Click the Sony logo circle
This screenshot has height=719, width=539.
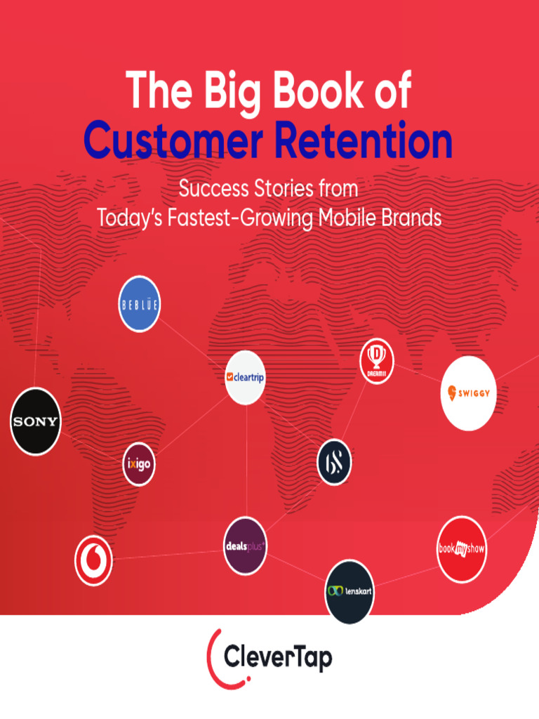pyautogui.click(x=36, y=421)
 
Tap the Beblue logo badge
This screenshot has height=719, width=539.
pyautogui.click(x=139, y=304)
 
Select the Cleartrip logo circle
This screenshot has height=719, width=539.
pyautogui.click(x=246, y=377)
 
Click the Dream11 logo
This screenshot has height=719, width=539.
pyautogui.click(x=377, y=362)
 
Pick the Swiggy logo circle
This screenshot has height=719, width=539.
pyautogui.click(x=469, y=393)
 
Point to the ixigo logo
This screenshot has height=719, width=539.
pyautogui.click(x=139, y=464)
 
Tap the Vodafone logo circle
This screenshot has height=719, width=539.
pyautogui.click(x=93, y=560)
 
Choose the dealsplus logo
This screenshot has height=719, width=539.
pyautogui.click(x=245, y=546)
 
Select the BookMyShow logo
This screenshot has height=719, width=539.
pyautogui.click(x=462, y=549)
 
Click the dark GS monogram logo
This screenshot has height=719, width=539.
pyautogui.click(x=333, y=462)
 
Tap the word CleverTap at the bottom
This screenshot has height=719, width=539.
pyautogui.click(x=278, y=658)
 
